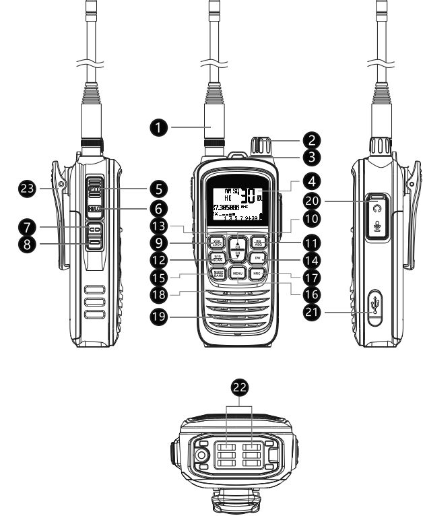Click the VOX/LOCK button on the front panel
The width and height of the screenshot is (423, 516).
pyautogui.click(x=216, y=243)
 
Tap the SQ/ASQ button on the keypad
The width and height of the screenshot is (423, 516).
pyautogui.click(x=257, y=243)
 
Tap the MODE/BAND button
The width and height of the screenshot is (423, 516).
pyautogui.click(x=216, y=273)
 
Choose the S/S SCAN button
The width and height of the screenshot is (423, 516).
pyautogui.click(x=216, y=258)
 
